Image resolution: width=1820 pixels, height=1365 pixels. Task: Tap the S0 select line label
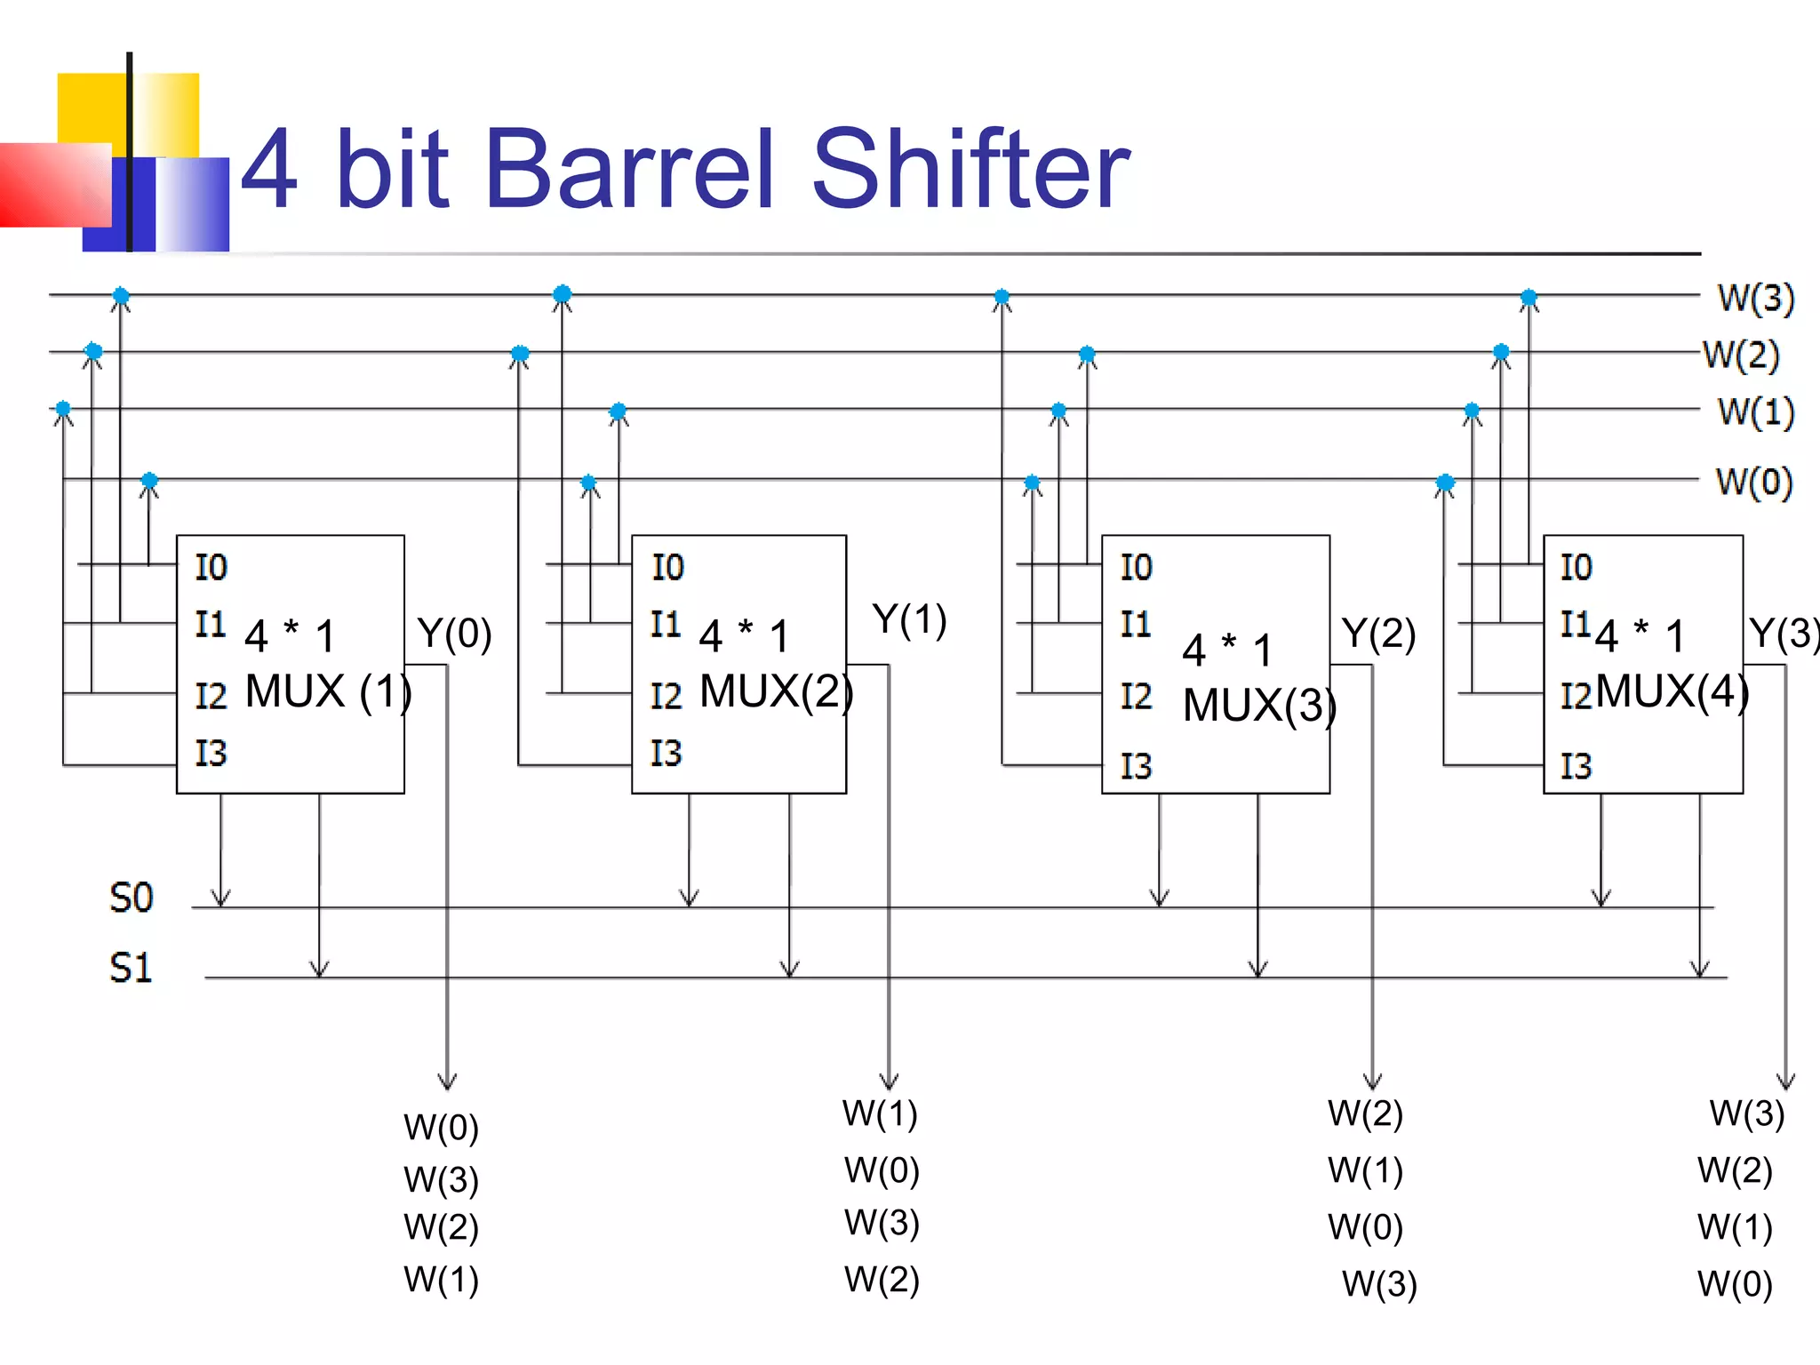coord(132,898)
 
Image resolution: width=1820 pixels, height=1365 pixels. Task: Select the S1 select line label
coord(132,968)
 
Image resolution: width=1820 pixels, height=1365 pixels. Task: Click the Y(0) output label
coord(454,634)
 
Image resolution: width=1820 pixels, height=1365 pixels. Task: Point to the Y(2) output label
coord(1378,634)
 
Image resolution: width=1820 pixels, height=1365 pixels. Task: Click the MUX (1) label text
coord(328,691)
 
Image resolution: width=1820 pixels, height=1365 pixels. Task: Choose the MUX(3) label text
coord(1259,706)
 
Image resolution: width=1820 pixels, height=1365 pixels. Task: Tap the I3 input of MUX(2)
coord(666,754)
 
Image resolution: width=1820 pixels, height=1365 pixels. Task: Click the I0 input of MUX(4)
coord(1576,567)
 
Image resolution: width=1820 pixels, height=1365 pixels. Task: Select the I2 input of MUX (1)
coord(212,696)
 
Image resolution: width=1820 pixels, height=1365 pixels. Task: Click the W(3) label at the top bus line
coord(1755,298)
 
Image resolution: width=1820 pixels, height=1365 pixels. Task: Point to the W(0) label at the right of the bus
coord(1753,482)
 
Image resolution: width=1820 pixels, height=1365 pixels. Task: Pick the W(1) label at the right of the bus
coord(1755,411)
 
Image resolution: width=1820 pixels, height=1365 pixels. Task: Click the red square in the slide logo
coord(53,184)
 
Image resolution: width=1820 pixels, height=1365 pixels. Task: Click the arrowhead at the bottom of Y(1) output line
coord(889,1081)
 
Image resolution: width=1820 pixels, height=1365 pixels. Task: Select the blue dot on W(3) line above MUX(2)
coord(562,294)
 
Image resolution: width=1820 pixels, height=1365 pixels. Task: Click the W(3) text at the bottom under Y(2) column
coord(1379,1284)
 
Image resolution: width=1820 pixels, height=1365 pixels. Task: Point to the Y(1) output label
coord(909,619)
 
